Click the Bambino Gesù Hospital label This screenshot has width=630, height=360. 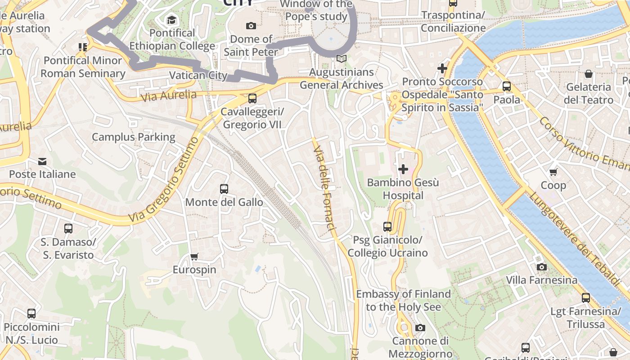[x=403, y=189]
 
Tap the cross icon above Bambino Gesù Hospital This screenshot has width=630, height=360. [x=403, y=169]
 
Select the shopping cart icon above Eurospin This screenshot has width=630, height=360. [x=194, y=257]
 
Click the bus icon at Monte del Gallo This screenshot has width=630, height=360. [x=224, y=189]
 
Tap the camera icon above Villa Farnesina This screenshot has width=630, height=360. [x=542, y=267]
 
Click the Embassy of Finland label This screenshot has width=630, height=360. [x=403, y=300]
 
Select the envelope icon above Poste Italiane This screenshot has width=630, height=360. [x=42, y=161]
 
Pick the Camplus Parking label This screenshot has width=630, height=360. [x=134, y=137]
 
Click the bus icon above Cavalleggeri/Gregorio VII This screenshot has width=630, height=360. [x=252, y=98]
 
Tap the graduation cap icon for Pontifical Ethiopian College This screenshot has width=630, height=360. [x=171, y=20]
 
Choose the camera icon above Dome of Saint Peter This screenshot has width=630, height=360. [x=251, y=26]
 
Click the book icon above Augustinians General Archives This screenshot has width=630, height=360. [x=342, y=59]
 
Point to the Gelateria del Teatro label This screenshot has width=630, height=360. [x=589, y=93]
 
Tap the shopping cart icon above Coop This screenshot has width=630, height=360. [x=553, y=172]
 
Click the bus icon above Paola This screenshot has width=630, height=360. [x=507, y=86]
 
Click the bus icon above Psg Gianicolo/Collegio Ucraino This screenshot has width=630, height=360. [x=387, y=227]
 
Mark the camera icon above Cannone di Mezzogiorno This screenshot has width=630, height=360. [x=420, y=328]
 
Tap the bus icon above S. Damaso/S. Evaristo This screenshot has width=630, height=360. [x=68, y=229]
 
